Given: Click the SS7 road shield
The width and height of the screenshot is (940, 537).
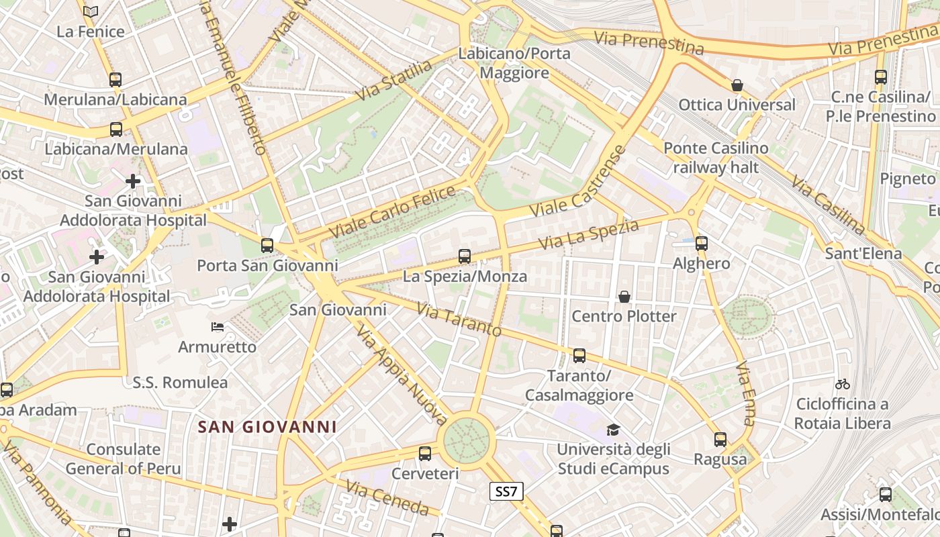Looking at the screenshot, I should click(x=506, y=491).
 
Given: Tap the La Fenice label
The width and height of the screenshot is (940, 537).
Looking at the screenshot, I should click(x=91, y=32).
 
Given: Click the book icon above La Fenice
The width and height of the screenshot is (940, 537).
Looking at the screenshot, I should click(x=91, y=11).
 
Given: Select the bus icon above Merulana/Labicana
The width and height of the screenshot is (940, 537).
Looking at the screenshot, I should click(x=115, y=80).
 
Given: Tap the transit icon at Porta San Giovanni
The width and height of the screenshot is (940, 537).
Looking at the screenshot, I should click(x=267, y=246).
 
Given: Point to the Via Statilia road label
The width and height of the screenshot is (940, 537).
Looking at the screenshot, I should click(x=393, y=81).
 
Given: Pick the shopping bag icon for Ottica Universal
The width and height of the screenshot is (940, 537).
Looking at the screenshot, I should click(x=737, y=85).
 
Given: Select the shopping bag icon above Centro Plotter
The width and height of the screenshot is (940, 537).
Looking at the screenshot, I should click(x=624, y=297).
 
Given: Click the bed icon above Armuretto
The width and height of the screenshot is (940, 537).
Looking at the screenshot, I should click(x=218, y=327).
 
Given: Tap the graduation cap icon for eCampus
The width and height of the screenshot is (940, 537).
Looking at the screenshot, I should click(x=613, y=430).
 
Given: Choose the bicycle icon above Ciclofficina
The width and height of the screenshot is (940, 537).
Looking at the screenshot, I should click(x=843, y=385).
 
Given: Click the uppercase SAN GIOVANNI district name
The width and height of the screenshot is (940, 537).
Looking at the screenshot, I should click(x=267, y=427).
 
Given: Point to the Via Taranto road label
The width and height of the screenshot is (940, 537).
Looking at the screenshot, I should click(x=459, y=320).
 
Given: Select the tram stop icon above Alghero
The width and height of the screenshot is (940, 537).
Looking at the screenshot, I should click(x=702, y=244).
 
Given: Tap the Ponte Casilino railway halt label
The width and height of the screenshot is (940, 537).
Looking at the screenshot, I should click(x=716, y=158).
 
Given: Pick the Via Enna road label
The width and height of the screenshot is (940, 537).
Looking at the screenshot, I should click(x=746, y=394).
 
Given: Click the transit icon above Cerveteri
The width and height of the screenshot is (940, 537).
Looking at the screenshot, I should click(x=425, y=454).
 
